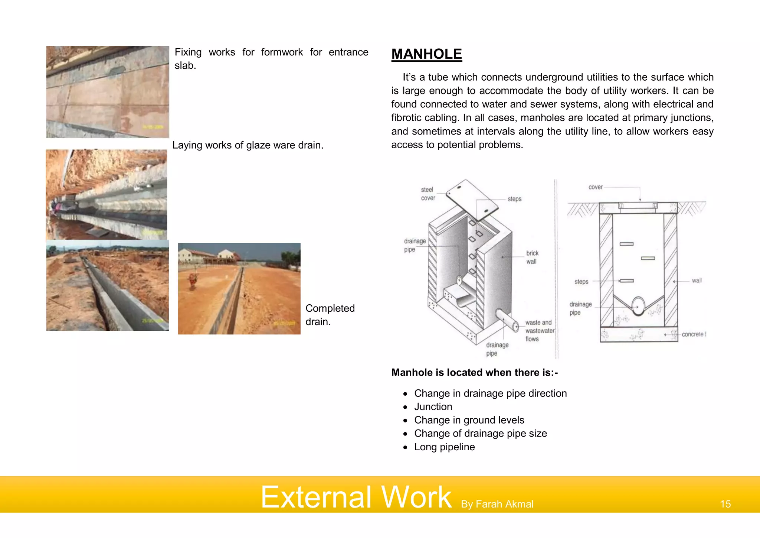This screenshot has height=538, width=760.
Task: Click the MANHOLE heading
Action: tap(426, 54)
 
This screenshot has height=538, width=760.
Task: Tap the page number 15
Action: tap(725, 504)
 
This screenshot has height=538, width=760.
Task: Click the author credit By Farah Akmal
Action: tap(497, 504)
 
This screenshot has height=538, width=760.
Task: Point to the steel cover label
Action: tap(427, 194)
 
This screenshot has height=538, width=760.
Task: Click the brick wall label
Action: tap(532, 257)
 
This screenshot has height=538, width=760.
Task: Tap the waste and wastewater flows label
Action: tap(539, 330)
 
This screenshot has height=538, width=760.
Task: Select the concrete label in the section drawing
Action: tap(693, 334)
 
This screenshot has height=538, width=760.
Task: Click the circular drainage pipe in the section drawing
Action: tap(638, 305)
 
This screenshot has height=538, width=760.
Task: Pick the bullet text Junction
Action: tap(433, 406)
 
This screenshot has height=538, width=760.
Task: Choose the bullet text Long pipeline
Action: tap(444, 447)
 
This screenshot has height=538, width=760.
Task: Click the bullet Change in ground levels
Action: tap(469, 420)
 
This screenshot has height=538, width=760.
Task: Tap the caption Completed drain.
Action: tap(330, 315)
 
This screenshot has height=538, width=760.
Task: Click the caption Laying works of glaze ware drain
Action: tap(248, 145)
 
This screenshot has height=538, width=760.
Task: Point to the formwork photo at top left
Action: tap(108, 92)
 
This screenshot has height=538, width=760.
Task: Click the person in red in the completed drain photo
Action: tap(192, 281)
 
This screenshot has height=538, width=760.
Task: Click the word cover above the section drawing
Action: tap(595, 187)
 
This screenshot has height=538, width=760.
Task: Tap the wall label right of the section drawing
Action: tap(697, 281)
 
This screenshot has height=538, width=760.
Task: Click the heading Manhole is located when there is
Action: tap(475, 372)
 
